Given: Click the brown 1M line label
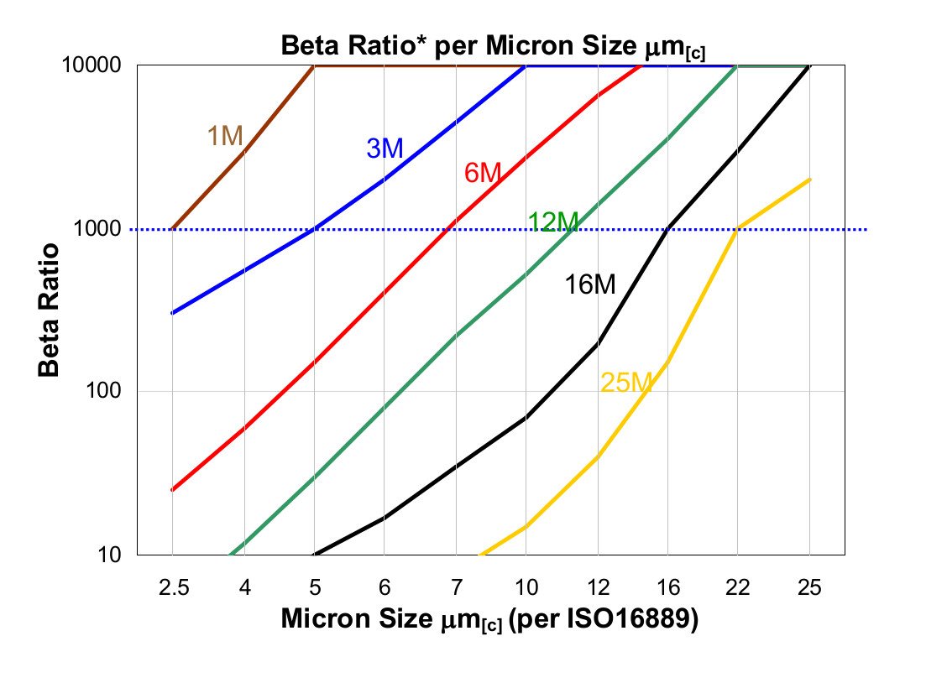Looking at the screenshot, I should [225, 136].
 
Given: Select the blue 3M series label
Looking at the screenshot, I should [385, 149].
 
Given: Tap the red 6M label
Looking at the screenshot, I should [483, 174].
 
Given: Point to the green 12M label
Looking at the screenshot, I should [553, 222].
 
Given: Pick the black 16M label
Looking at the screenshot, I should [589, 285].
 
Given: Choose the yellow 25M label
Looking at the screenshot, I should [626, 383].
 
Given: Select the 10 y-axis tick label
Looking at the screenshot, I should [118, 555].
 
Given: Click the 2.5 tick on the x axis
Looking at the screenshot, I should [172, 588].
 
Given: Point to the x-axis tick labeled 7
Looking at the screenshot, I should [455, 588].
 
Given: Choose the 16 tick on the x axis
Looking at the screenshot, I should [667, 588].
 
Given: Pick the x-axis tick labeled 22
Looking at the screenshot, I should [738, 588].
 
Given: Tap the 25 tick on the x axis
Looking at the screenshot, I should [809, 588].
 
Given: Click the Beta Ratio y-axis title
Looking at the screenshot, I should [50, 310].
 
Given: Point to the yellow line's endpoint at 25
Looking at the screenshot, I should [809, 179].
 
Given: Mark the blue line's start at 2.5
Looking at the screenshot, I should [172, 313].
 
